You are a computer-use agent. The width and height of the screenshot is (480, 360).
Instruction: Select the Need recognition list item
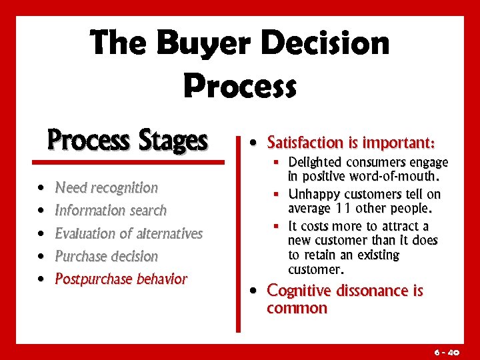coord(106,188)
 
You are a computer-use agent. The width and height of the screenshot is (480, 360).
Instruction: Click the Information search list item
coord(111,211)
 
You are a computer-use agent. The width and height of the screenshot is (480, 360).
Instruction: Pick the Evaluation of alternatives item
coord(129,233)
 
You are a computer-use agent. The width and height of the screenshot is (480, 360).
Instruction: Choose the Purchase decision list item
coord(106,256)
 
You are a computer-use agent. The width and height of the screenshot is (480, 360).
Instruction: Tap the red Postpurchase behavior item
coord(121,279)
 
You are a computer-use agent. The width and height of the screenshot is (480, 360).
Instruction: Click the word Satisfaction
coord(304,143)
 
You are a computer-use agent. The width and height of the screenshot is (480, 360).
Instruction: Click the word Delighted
coord(315,163)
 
